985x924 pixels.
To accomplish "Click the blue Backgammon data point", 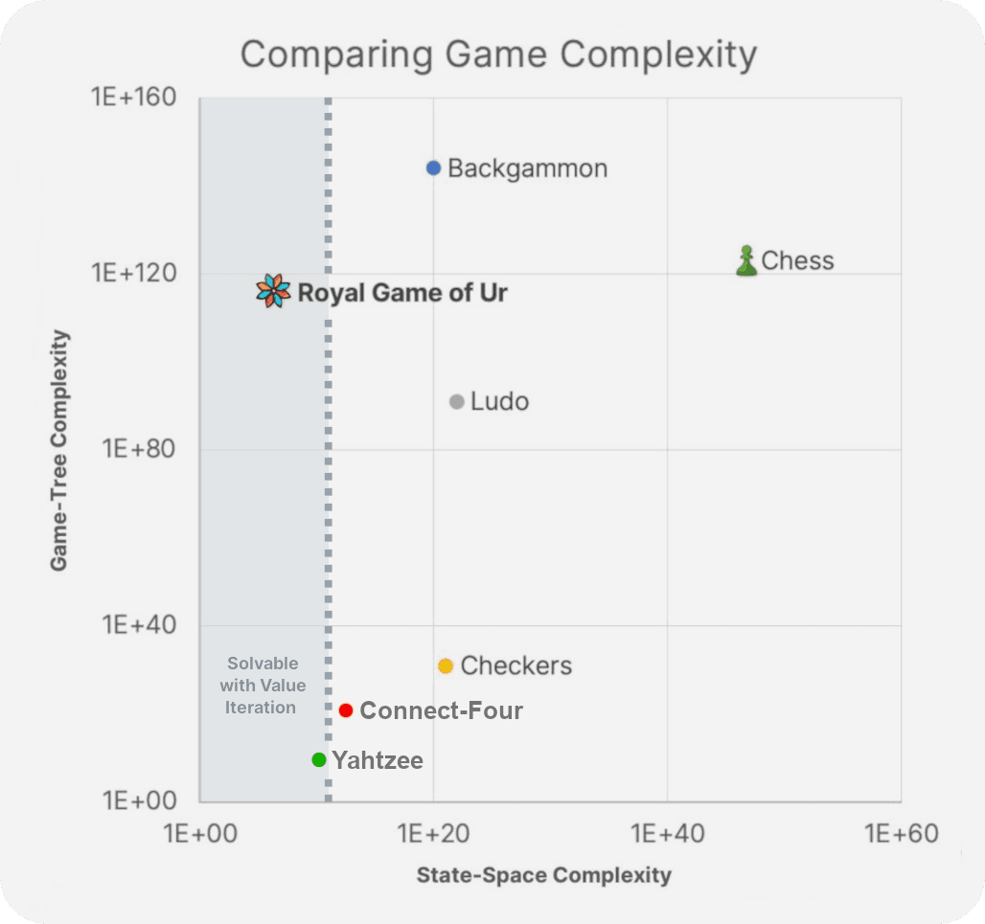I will [433, 168].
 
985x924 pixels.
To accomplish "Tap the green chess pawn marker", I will [746, 260].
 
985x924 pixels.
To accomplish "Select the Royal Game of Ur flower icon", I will [273, 290].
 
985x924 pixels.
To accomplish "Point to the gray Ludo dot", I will [457, 401].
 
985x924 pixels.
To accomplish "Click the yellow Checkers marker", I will [446, 665].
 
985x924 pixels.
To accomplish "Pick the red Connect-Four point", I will [346, 710].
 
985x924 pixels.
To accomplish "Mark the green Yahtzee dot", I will [319, 759].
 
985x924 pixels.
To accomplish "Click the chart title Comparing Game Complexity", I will [498, 54].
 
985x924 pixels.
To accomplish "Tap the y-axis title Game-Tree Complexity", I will [59, 450].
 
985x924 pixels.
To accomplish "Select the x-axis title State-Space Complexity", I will [543, 875].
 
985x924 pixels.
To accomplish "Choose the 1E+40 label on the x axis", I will [668, 833].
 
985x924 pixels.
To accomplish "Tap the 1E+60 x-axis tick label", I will [901, 833].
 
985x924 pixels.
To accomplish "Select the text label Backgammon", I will [527, 169].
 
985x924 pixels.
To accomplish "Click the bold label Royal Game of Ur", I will [402, 293].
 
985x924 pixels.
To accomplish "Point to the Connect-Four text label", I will [442, 710].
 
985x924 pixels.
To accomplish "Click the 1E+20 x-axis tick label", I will [433, 833].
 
